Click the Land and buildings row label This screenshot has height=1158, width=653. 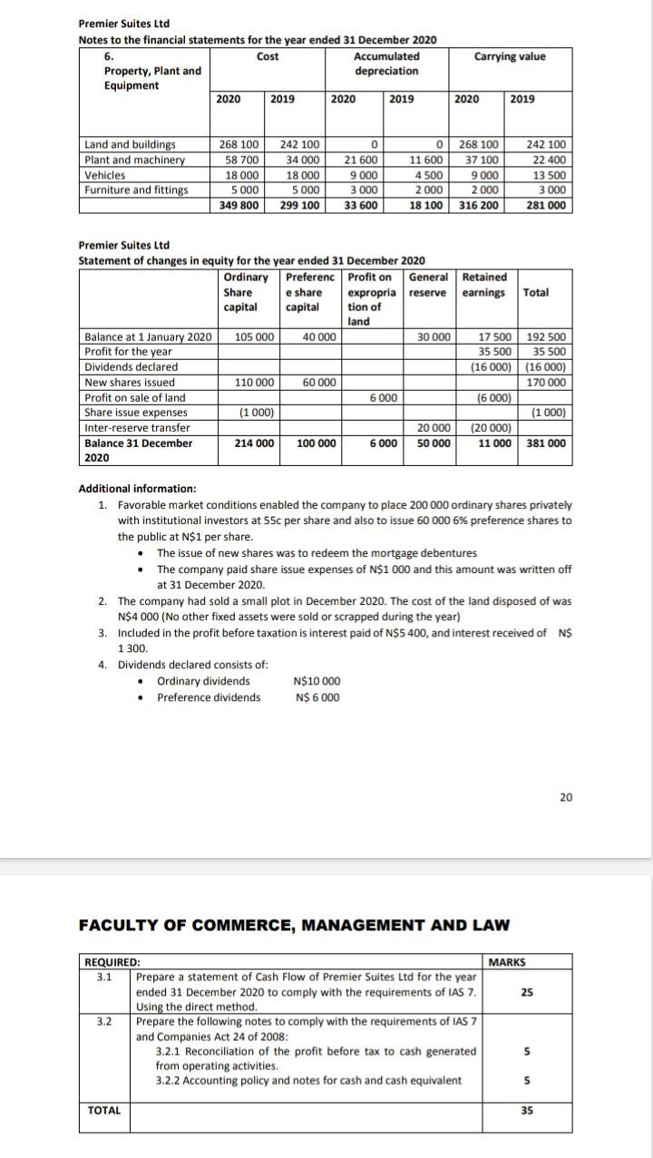coord(130,144)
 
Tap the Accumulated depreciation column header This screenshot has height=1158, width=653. coord(386,63)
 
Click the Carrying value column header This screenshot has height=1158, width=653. coord(510,56)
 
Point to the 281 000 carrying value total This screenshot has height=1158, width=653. coord(546,205)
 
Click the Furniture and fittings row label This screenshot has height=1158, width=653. coord(136,190)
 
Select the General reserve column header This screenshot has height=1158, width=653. coord(429,285)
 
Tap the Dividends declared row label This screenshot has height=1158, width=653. coord(131,367)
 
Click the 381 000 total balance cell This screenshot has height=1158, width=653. coord(547,443)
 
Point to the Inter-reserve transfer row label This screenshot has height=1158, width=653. coord(137,428)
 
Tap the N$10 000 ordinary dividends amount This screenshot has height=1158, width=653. coord(317,681)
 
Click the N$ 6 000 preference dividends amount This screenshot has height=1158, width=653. coord(317,696)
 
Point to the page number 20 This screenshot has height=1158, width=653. coord(566,797)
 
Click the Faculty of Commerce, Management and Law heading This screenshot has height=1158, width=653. coord(294,925)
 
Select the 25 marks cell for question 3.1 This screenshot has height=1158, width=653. coord(527,992)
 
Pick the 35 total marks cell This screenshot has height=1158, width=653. coord(527,1110)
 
